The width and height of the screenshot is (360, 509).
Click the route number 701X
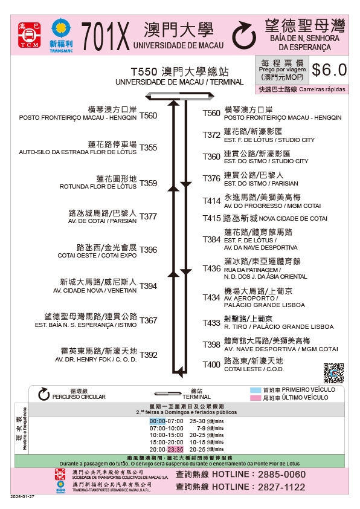(105, 36)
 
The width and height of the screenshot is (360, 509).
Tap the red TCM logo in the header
(29, 35)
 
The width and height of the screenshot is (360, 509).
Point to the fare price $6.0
(329, 70)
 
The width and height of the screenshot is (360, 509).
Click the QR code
(333, 373)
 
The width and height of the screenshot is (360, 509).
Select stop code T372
(211, 135)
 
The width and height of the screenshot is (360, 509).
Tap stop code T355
(148, 148)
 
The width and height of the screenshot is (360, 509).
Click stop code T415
(211, 218)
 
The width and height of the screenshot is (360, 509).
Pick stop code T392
(148, 355)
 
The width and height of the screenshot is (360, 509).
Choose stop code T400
(211, 365)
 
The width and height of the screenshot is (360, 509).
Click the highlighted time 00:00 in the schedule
(158, 421)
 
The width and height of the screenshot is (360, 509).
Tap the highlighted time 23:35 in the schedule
(175, 450)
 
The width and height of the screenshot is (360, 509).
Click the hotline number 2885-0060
(282, 475)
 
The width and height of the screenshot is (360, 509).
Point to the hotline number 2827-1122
(281, 487)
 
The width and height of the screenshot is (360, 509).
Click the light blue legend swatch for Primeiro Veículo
(256, 390)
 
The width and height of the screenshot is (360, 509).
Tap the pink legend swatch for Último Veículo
(256, 398)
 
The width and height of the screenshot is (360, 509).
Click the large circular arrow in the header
(244, 35)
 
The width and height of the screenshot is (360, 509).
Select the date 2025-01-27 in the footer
(22, 497)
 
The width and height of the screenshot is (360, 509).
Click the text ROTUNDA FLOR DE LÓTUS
(98, 187)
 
